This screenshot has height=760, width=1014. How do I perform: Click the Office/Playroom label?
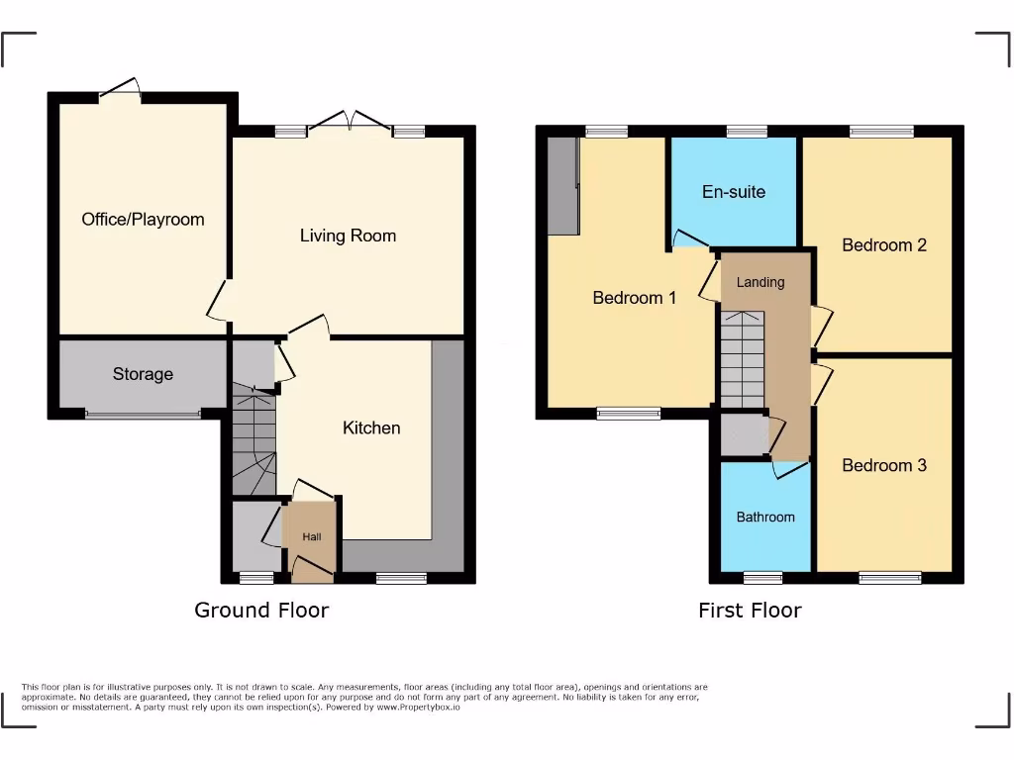(143, 219)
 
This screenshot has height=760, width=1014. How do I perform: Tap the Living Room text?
(348, 236)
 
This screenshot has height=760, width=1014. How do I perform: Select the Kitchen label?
(371, 427)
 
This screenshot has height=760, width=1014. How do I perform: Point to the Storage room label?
(143, 374)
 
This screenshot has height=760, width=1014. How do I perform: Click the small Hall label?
(312, 536)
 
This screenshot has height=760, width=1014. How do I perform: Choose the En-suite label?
(734, 192)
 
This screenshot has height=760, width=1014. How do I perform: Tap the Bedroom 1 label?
(635, 297)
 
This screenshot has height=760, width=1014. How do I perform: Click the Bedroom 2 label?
(884, 244)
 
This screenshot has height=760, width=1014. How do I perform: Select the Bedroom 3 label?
(884, 465)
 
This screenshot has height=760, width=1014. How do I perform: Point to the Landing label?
(760, 282)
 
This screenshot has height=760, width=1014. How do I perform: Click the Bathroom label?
(765, 517)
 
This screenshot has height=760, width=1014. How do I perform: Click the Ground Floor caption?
(261, 610)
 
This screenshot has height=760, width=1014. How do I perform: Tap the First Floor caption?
(750, 610)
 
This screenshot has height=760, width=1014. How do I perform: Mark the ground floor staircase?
(253, 441)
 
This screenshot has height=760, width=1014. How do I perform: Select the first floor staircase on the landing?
(743, 358)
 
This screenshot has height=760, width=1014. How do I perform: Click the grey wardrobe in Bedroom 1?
(562, 186)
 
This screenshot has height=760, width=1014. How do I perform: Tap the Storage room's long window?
(142, 415)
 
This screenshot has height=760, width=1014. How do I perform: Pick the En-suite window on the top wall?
(747, 131)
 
